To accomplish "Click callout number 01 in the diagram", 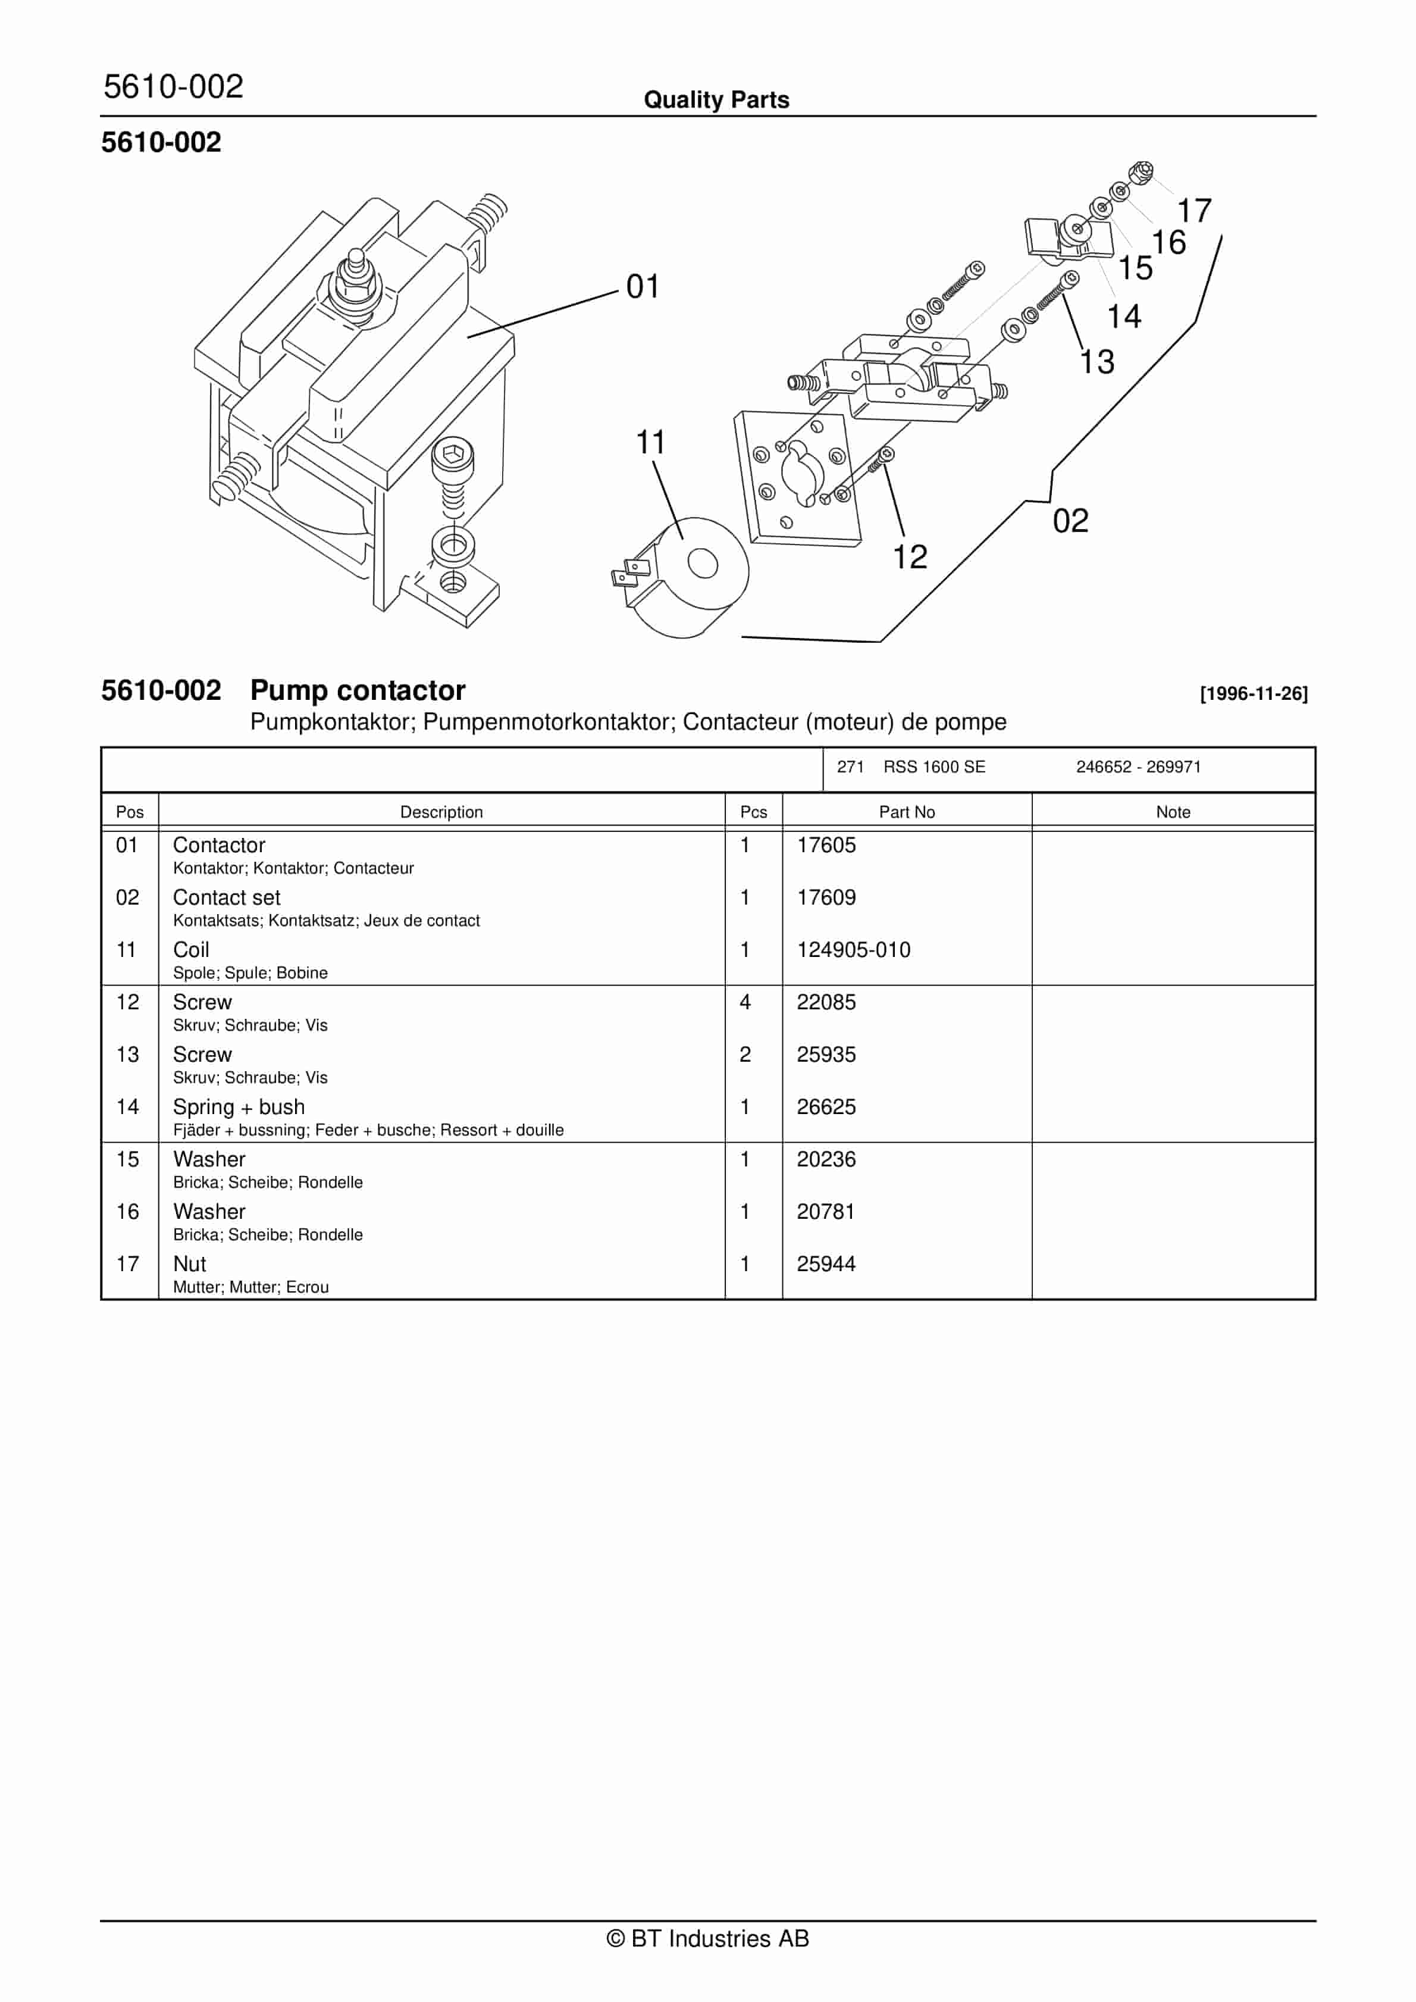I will pyautogui.click(x=643, y=287).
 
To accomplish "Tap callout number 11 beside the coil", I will pyautogui.click(x=650, y=443).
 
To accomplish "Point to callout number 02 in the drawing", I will pyautogui.click(x=1070, y=521).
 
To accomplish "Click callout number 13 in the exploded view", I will pyautogui.click(x=1097, y=362).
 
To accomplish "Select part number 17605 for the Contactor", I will pyautogui.click(x=826, y=845).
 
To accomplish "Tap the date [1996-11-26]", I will pyautogui.click(x=1253, y=694).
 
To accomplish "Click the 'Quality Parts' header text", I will pyautogui.click(x=716, y=100).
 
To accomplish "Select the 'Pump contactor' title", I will pyautogui.click(x=358, y=690).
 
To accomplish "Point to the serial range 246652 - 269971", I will pyautogui.click(x=1138, y=767).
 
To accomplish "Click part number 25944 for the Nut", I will pyautogui.click(x=826, y=1263).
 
